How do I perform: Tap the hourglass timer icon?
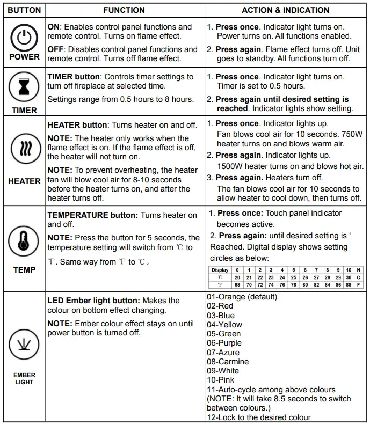(24, 89)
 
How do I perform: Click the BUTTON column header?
(24, 10)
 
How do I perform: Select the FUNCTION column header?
(124, 10)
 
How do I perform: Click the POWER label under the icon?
(24, 57)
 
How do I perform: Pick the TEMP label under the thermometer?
(24, 269)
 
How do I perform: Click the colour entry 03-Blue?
(220, 316)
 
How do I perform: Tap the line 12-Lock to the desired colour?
(258, 417)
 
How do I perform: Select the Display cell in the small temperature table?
(220, 270)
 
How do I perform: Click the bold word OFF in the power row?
(55, 49)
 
